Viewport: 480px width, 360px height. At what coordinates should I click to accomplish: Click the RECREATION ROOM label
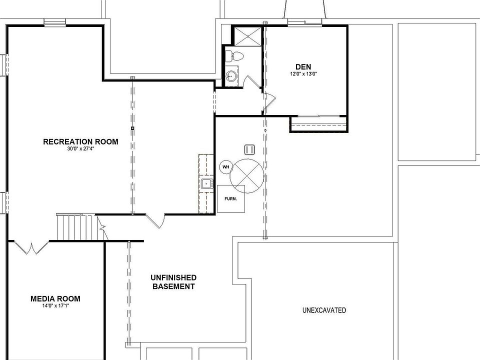coord(80,141)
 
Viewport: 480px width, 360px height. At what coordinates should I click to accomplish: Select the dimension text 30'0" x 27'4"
coord(80,149)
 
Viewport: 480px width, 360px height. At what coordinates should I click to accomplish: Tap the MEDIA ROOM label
coord(55,298)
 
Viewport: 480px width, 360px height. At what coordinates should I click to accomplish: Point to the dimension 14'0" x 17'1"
coord(55,306)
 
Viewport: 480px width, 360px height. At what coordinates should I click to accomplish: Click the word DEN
coord(303,66)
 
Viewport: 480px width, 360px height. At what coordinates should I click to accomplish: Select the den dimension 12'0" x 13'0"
coord(303,74)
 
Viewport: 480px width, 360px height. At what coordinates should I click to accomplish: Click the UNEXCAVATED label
coord(324,310)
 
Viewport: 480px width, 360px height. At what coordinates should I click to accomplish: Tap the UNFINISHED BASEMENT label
coord(173,282)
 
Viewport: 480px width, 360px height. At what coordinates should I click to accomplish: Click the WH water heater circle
coord(225,167)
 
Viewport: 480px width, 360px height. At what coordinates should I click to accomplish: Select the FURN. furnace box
coord(230,198)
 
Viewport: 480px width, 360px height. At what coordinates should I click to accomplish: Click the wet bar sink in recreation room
coord(205,184)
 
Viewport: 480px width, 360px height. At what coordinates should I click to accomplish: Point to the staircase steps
coord(75,227)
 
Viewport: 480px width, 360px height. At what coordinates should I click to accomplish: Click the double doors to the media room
coord(31,247)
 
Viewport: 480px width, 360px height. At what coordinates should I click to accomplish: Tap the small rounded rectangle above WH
coord(249,149)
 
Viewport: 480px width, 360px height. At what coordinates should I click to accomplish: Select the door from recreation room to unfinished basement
coord(155,220)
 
